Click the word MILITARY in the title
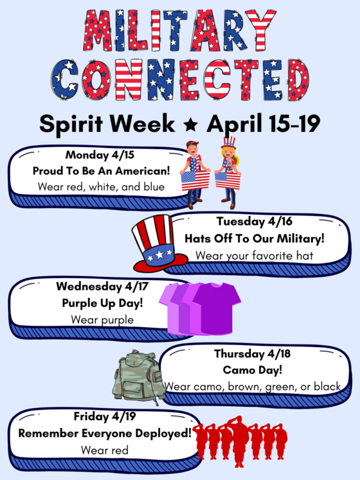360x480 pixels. pos(179,31)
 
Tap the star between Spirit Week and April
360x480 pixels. pos(190,123)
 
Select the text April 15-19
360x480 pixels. pos(264,123)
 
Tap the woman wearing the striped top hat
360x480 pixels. pos(228,170)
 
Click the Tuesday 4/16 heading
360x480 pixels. pos(254,222)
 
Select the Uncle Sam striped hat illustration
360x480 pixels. pos(158,242)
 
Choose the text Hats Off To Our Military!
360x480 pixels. pos(255,238)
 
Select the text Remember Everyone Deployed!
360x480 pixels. pos(105,433)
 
